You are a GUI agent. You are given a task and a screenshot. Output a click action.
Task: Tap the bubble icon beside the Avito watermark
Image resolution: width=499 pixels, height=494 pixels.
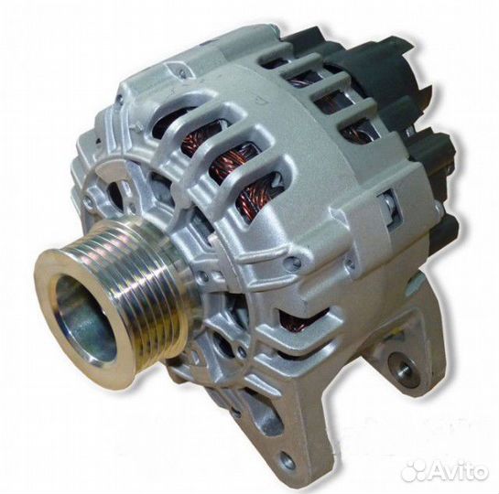[415, 472]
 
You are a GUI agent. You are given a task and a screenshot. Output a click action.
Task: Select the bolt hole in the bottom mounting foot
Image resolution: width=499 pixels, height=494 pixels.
[287, 458]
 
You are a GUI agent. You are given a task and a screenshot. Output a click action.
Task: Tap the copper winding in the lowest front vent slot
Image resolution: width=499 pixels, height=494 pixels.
[255, 196]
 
